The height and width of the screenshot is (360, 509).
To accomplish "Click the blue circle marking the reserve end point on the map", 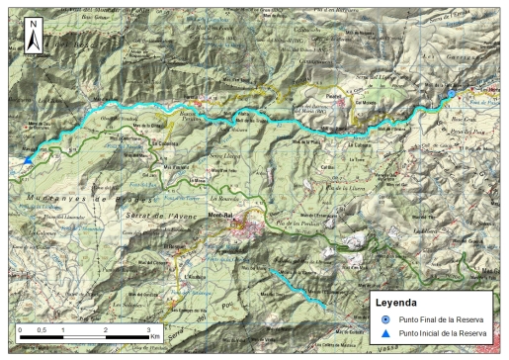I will (453, 93).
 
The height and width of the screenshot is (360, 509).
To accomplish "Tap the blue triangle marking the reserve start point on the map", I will (28, 159).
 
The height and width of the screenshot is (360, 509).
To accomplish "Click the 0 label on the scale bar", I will (21, 329).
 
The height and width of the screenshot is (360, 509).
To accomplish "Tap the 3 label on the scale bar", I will (148, 329).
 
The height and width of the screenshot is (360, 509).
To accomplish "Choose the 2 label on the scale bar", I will (106, 329).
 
